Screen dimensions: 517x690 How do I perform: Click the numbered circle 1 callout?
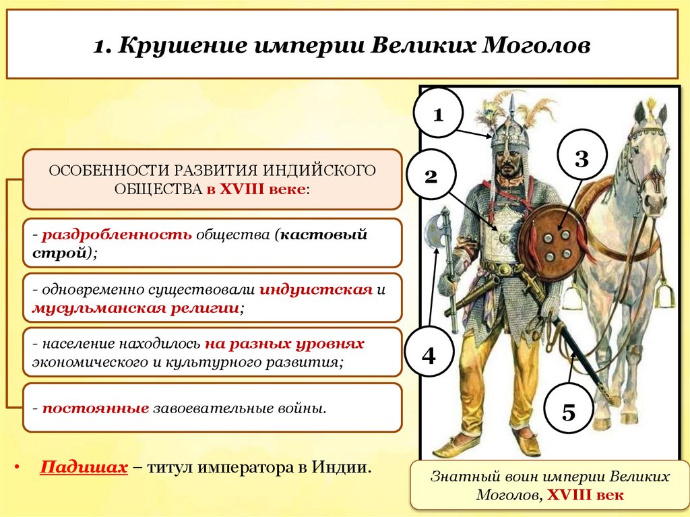[438, 114]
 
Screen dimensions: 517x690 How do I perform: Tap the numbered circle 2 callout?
[431, 177]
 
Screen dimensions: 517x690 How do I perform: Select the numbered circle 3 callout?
[582, 159]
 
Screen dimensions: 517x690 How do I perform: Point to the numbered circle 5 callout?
[569, 411]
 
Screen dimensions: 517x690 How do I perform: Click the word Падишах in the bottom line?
[84, 467]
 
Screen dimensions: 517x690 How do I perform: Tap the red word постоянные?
[94, 408]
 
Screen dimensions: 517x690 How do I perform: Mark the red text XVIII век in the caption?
[586, 495]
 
